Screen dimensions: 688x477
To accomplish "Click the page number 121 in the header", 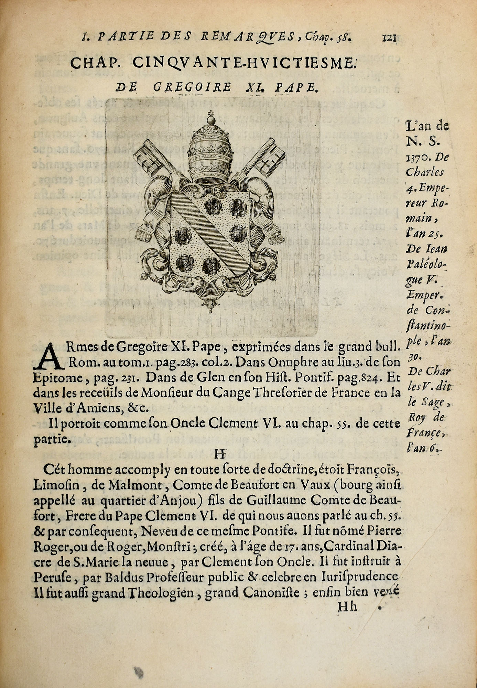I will pyautogui.click(x=389, y=37).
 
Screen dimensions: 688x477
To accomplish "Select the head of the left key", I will pyautogui.click(x=147, y=158).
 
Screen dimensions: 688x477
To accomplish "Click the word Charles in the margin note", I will pyautogui.click(x=425, y=172).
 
